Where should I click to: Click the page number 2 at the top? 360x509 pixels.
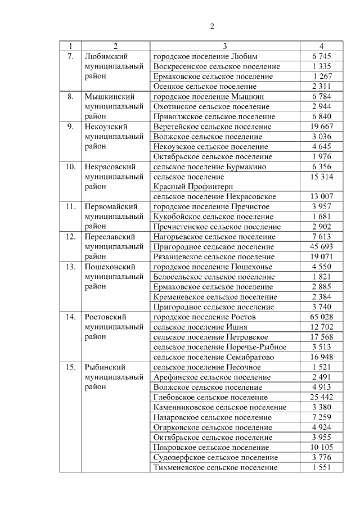coord(213,26)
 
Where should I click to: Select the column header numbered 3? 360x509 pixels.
coord(224,46)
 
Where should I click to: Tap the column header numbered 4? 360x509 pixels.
coord(321,46)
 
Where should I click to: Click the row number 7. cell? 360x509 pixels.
coord(70,56)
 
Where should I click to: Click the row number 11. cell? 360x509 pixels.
coord(70,207)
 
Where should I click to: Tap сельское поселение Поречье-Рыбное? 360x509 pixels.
coord(219,347)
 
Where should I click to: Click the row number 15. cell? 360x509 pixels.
coord(70,367)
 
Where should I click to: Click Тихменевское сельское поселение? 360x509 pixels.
coord(215,468)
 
